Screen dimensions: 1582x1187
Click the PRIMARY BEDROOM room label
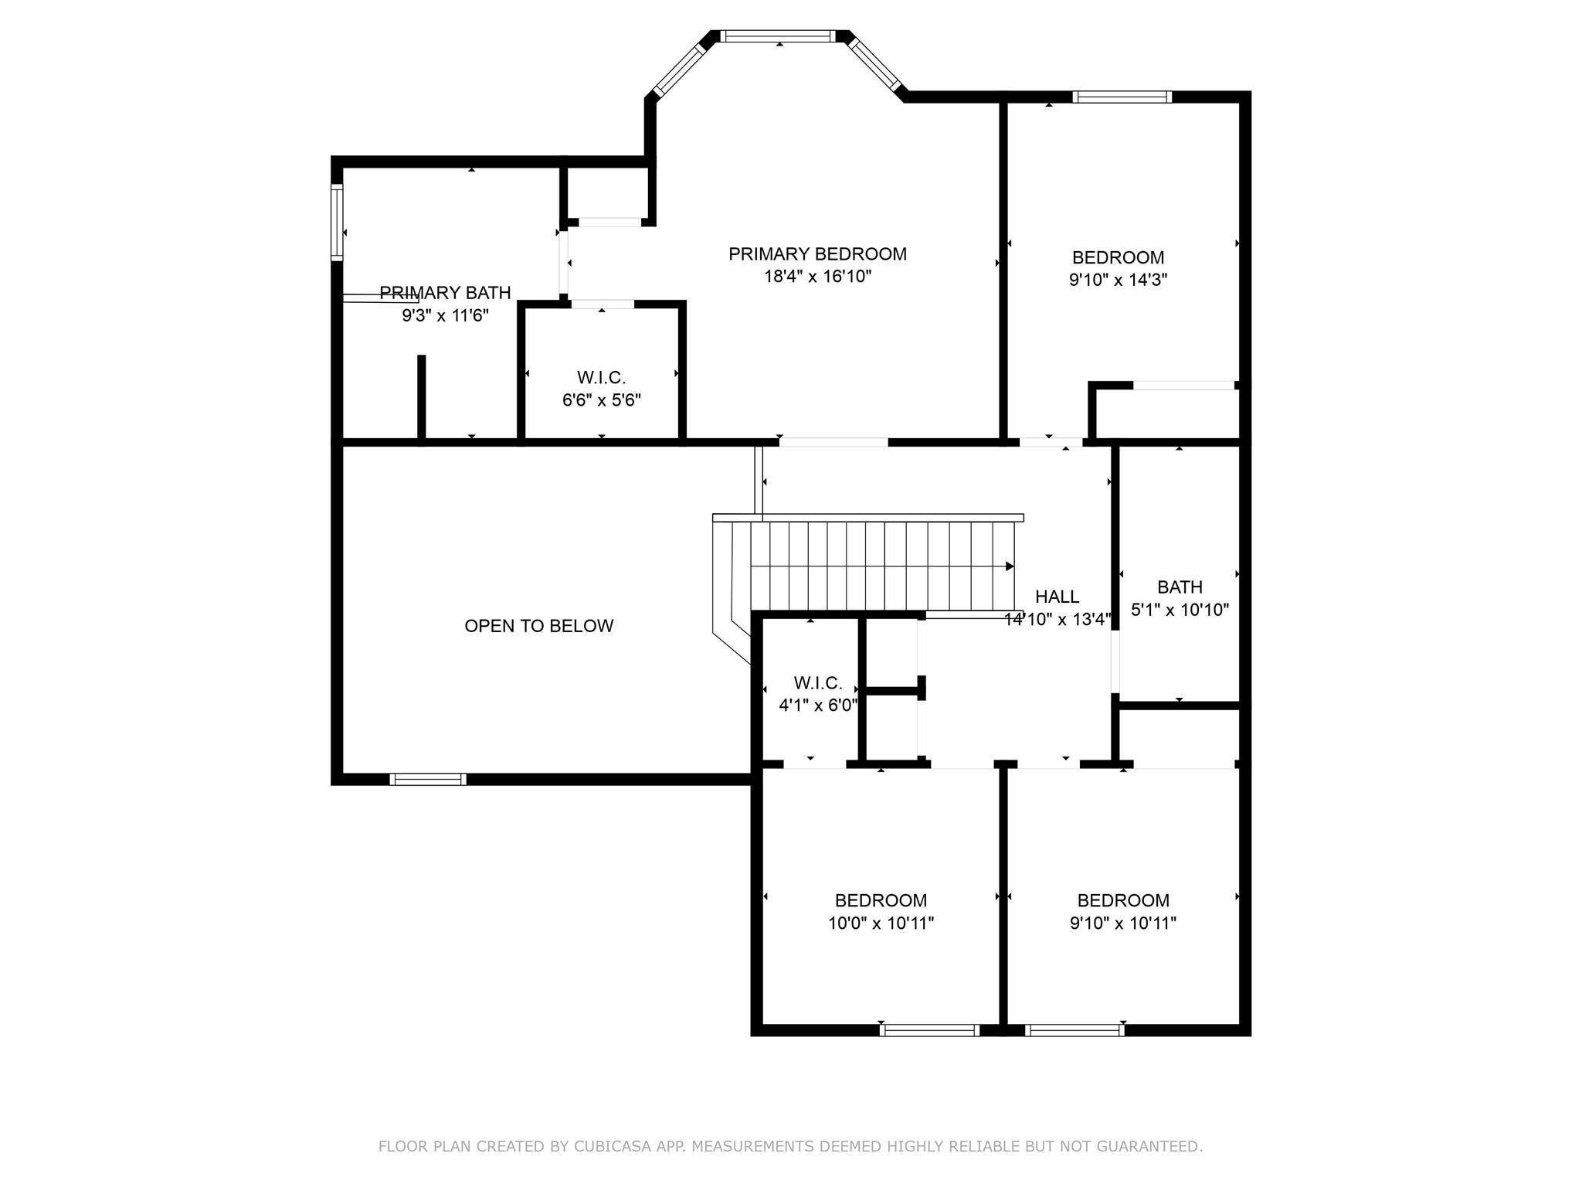pyautogui.click(x=817, y=253)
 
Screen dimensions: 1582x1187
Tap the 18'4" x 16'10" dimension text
pyautogui.click(x=817, y=276)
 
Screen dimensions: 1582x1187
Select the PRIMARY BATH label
pyautogui.click(x=445, y=293)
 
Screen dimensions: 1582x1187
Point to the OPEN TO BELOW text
pyautogui.click(x=538, y=626)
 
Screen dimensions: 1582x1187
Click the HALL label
pyautogui.click(x=1057, y=597)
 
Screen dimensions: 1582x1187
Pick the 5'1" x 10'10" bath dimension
pyautogui.click(x=1180, y=610)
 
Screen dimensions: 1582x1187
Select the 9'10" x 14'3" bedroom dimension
pyautogui.click(x=1118, y=280)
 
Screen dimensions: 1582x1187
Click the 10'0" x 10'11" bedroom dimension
pyautogui.click(x=881, y=923)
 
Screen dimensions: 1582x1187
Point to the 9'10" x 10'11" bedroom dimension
pyautogui.click(x=1122, y=923)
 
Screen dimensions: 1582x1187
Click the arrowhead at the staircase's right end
pyautogui.click(x=1010, y=566)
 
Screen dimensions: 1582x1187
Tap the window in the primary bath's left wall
pyautogui.click(x=337, y=222)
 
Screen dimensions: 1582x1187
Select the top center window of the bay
pyautogui.click(x=778, y=36)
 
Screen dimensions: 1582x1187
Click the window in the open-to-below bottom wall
pyautogui.click(x=428, y=779)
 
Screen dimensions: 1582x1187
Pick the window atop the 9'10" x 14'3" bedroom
pyautogui.click(x=1122, y=97)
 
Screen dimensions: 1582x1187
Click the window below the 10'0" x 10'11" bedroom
pyautogui.click(x=929, y=1029)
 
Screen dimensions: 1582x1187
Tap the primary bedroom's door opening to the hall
pyautogui.click(x=833, y=442)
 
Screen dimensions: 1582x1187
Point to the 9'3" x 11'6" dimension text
pyautogui.click(x=445, y=315)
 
